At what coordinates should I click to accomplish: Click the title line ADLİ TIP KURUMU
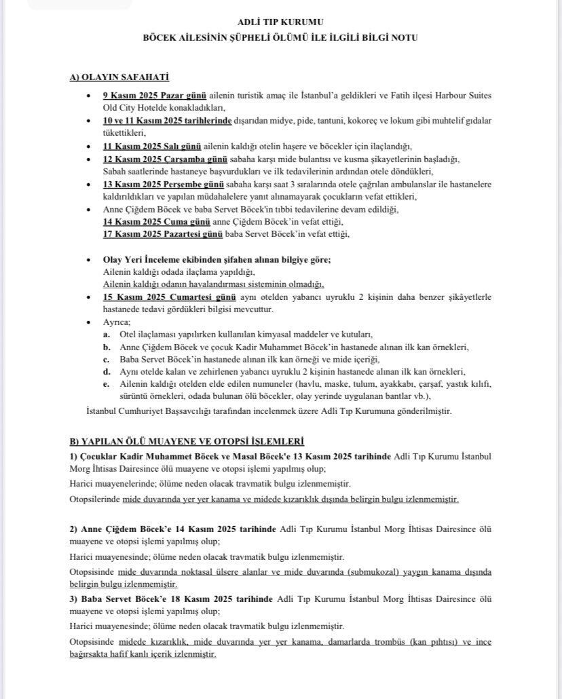click(281, 22)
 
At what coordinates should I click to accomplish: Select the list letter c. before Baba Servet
click(107, 359)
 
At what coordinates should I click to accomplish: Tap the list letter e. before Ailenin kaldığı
click(107, 384)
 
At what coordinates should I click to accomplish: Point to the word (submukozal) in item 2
click(381, 571)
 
